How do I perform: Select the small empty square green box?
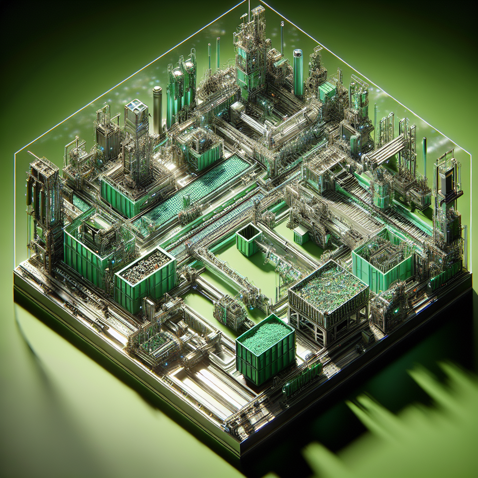248,239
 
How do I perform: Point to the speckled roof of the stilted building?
329,286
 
